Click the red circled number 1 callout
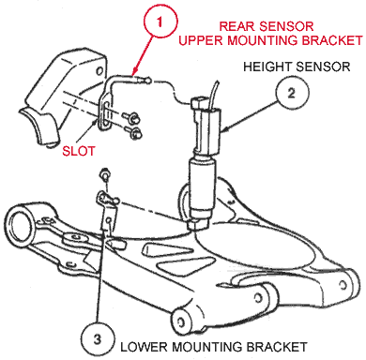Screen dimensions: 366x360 pyautogui.click(x=160, y=22)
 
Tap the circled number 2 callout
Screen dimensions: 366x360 pyautogui.click(x=292, y=93)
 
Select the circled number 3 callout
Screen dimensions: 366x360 pyautogui.click(x=97, y=339)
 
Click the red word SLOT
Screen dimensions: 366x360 pyautogui.click(x=79, y=151)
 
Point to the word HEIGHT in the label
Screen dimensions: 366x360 pyautogui.click(x=267, y=67)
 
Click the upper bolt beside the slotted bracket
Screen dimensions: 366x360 pyautogui.click(x=132, y=117)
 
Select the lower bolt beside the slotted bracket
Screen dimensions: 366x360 pyautogui.click(x=133, y=133)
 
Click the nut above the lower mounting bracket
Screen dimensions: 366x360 pyautogui.click(x=103, y=173)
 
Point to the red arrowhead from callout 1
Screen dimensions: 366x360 pyautogui.click(x=135, y=71)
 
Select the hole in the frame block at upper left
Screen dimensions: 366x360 pyautogui.click(x=99, y=70)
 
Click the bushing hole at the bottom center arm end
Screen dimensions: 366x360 pyautogui.click(x=180, y=322)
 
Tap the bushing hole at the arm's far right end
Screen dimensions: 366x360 pyautogui.click(x=343, y=285)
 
